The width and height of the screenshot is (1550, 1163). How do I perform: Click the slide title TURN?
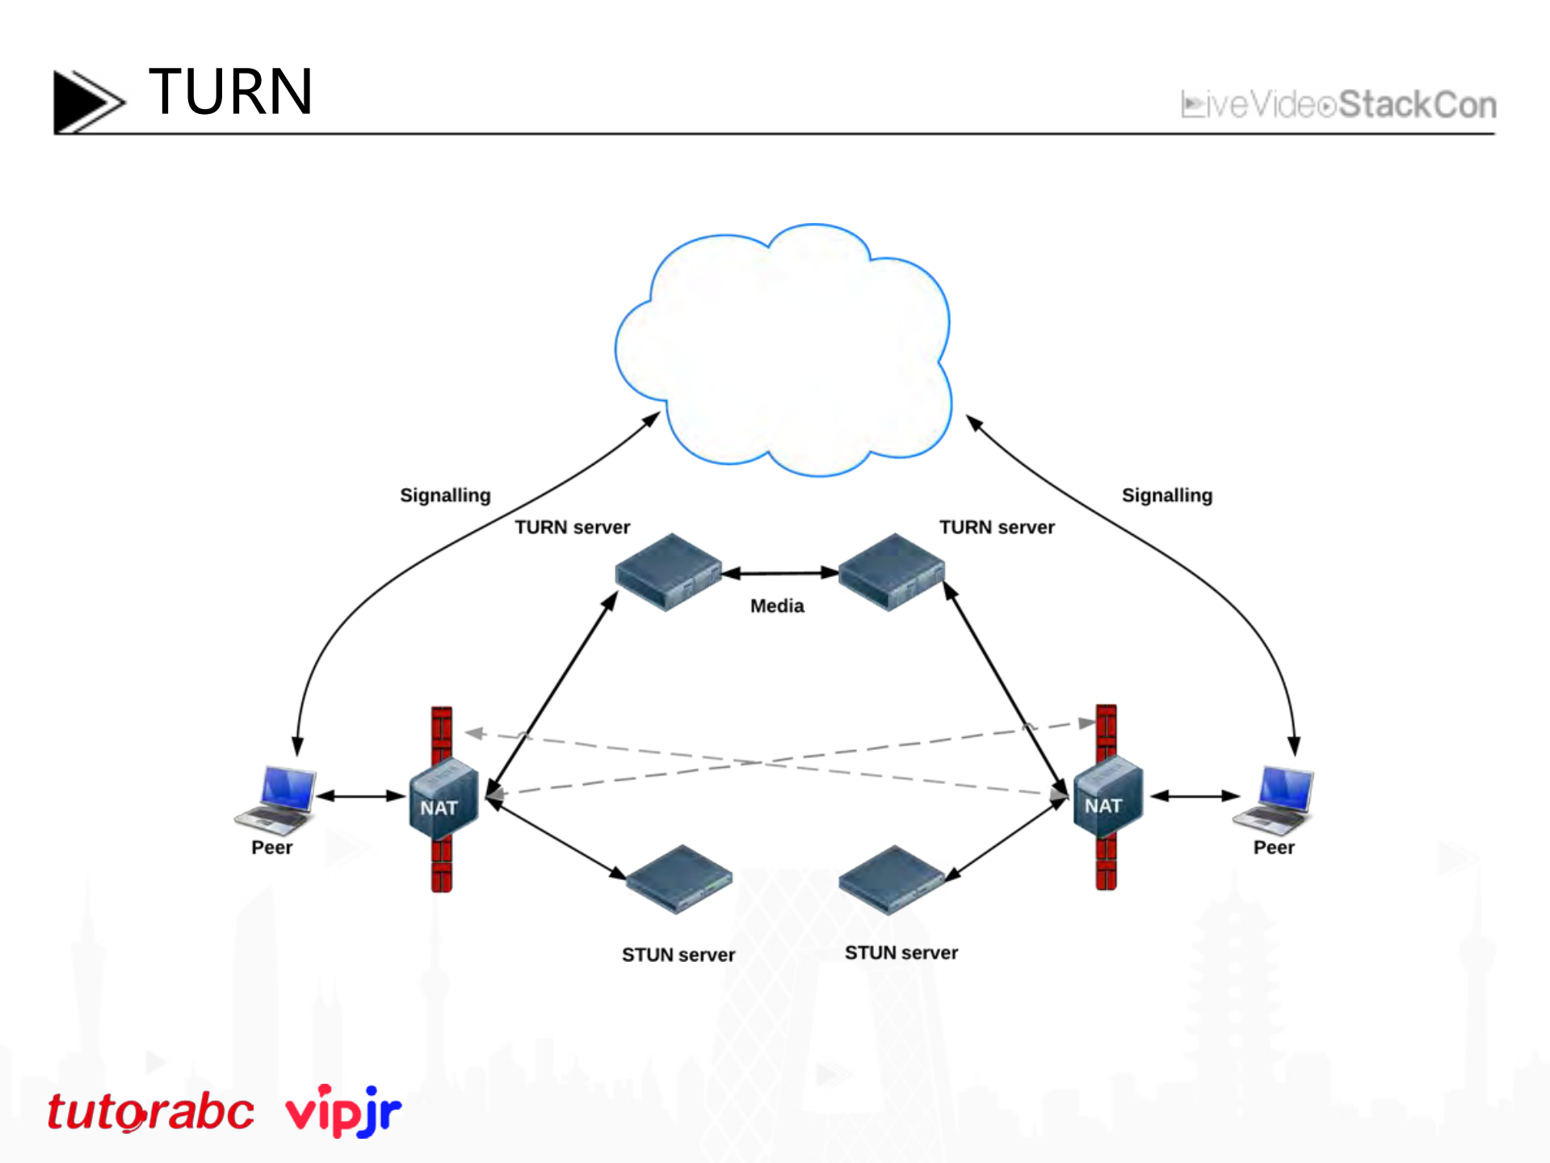230,92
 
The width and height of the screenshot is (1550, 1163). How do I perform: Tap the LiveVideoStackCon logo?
1338,105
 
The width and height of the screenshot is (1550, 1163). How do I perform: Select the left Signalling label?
445,495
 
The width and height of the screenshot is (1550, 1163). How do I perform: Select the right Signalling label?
1166,495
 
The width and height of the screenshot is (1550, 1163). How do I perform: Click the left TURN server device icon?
668,571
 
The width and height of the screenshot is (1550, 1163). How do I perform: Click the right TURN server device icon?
891,571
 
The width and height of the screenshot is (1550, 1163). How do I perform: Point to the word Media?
777,606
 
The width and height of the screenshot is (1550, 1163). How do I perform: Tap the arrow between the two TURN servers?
780,573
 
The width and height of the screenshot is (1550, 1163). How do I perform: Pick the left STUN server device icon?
678,879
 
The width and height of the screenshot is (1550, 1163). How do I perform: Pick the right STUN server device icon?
892,879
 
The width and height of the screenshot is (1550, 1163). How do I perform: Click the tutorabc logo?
150,1111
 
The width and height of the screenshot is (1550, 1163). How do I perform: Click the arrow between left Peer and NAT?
361,796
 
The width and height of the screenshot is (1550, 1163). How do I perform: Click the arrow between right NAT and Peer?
1195,796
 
